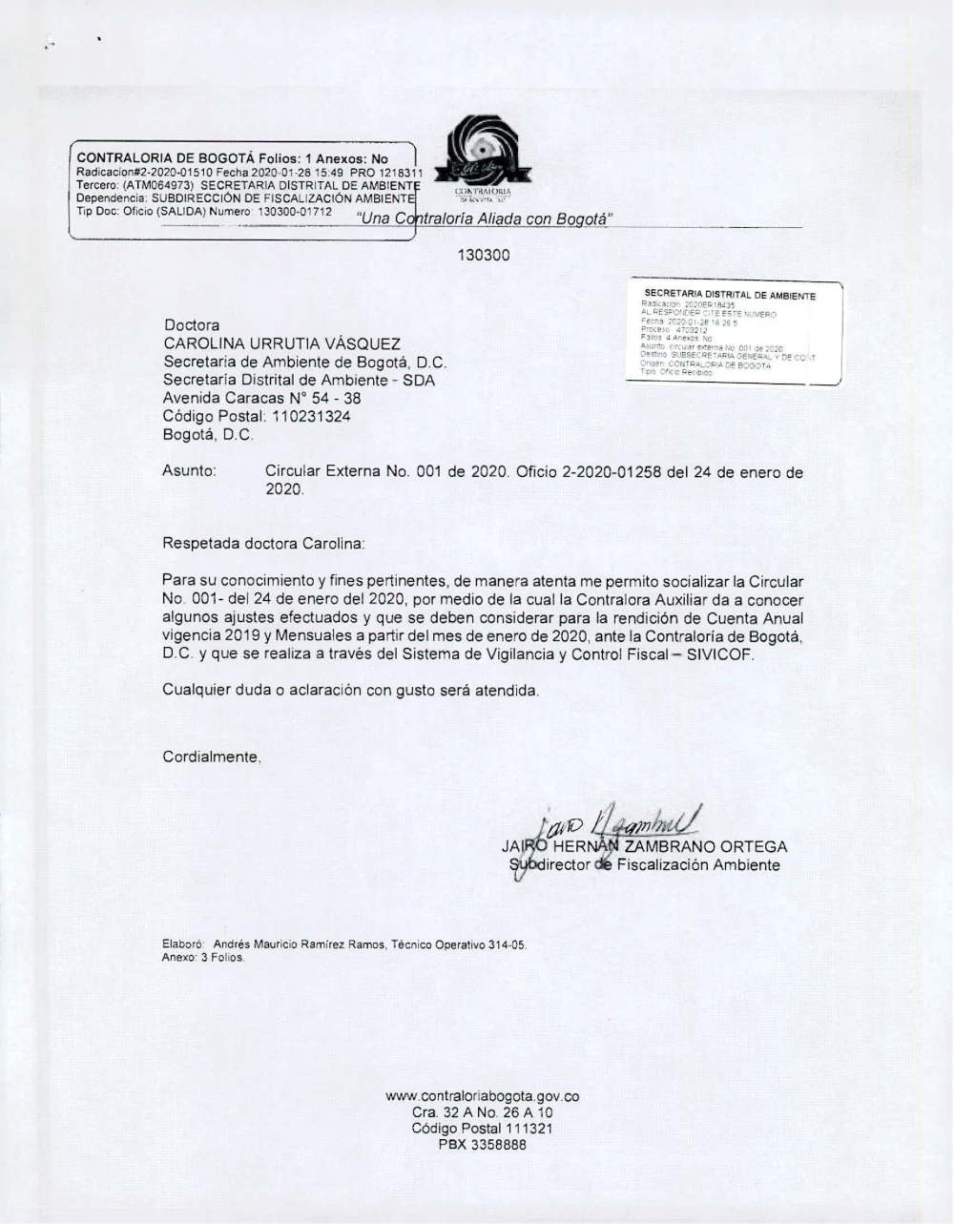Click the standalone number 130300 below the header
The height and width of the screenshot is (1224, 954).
coord(484,255)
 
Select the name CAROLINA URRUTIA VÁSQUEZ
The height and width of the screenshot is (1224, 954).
coord(281,343)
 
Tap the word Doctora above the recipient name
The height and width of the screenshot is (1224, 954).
coord(191,325)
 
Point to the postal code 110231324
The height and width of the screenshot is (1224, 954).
coord(311,417)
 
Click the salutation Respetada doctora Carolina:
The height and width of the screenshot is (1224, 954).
coord(263,544)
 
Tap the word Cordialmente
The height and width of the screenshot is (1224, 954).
coord(211,757)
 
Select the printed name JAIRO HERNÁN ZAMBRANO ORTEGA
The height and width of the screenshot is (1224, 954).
coord(644,846)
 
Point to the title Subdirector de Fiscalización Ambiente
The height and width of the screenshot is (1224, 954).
coord(645,865)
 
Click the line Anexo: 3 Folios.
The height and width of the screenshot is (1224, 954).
coord(203,957)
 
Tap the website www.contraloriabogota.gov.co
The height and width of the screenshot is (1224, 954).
coord(482,1096)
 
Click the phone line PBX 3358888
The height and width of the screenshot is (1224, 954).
coord(482,1145)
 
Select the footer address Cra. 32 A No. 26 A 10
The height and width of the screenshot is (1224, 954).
coord(482,1112)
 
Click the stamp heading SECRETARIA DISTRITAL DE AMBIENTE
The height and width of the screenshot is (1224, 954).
coord(730,295)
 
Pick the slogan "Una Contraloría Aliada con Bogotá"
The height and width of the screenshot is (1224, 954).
coord(483,219)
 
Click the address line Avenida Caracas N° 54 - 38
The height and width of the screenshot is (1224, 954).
coord(261,399)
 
